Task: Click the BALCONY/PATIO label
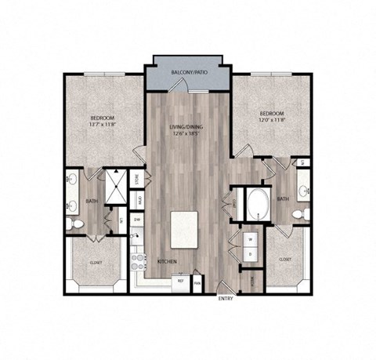pos(189,73)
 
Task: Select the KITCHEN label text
pos(166,262)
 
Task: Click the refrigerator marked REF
pos(181,280)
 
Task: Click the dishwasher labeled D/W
pos(136,220)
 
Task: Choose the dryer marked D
pos(250,255)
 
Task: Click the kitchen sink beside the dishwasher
pos(136,238)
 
